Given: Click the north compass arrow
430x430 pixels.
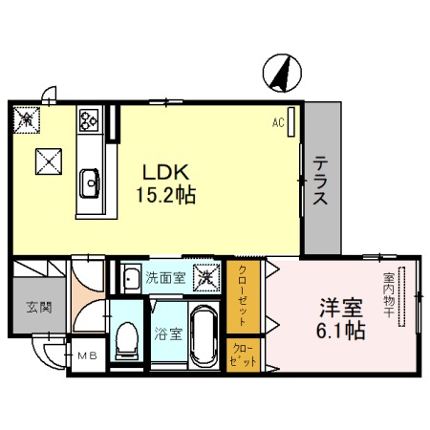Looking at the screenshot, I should (282, 74).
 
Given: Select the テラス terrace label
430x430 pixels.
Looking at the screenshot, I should (322, 182).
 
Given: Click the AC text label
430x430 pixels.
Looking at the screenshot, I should (278, 122).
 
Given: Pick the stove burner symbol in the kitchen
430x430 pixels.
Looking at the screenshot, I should (89, 119).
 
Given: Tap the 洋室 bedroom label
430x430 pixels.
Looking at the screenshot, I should (341, 309).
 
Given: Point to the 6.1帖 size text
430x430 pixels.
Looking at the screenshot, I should (341, 333).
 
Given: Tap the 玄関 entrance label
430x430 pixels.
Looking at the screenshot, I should (38, 308).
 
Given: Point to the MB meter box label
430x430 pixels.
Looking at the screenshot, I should (88, 357).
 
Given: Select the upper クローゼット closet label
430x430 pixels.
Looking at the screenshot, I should (244, 294).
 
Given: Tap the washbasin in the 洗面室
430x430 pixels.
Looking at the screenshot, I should (131, 279).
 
